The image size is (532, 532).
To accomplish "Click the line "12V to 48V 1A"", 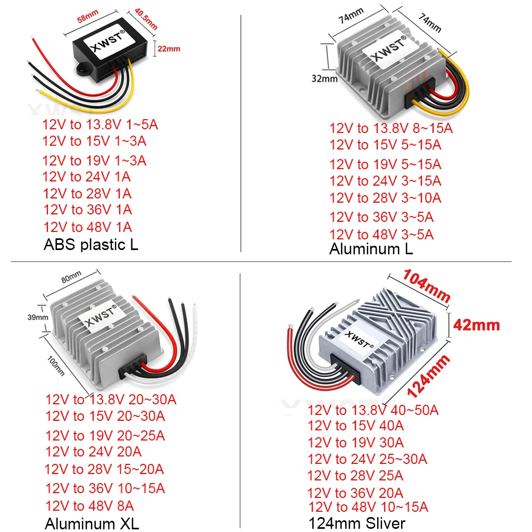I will [88, 227].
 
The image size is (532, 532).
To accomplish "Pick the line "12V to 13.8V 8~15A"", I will [391, 128].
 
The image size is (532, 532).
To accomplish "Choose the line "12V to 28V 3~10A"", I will [385, 198].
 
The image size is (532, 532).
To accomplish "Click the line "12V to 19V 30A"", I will [355, 443].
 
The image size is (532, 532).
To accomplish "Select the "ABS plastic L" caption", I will [90, 245].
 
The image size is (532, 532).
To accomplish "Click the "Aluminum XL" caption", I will [92, 523].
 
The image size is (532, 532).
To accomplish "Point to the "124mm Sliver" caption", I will [356, 523].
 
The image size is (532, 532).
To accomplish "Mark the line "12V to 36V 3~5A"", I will [381, 217].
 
